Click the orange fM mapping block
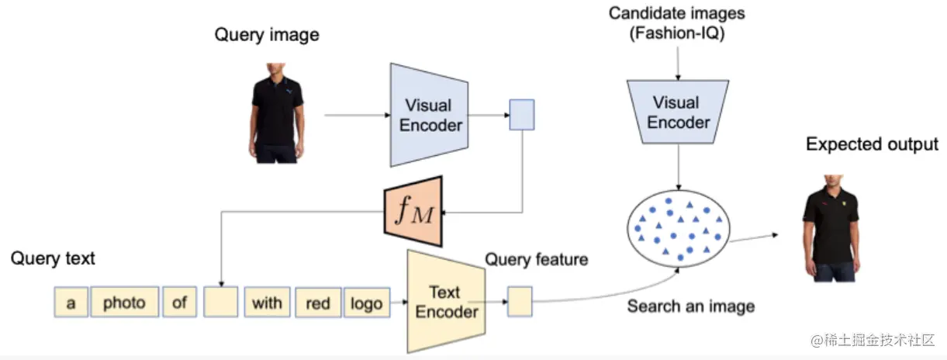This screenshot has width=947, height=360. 413,211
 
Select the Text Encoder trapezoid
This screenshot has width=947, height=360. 446,301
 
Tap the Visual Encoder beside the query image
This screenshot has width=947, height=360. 429,115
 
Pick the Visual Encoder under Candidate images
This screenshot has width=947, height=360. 678,112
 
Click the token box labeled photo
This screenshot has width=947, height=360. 125,302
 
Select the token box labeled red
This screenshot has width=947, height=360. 318,303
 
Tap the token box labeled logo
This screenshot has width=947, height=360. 367,303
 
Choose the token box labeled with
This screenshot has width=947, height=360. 267,302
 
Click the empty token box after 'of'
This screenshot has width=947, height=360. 221,302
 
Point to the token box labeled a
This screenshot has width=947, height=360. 71,302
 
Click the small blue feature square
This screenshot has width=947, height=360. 522,115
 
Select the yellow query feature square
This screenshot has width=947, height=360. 520,302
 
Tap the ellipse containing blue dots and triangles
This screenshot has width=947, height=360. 678,228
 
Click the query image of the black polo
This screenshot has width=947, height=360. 276,113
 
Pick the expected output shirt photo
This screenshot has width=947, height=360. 831,228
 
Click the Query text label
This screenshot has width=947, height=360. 53,258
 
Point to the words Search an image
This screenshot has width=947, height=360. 691,306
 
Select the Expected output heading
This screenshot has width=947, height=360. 872,144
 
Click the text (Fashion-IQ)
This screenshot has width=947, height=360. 677,33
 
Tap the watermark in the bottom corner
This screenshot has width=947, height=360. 873,340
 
